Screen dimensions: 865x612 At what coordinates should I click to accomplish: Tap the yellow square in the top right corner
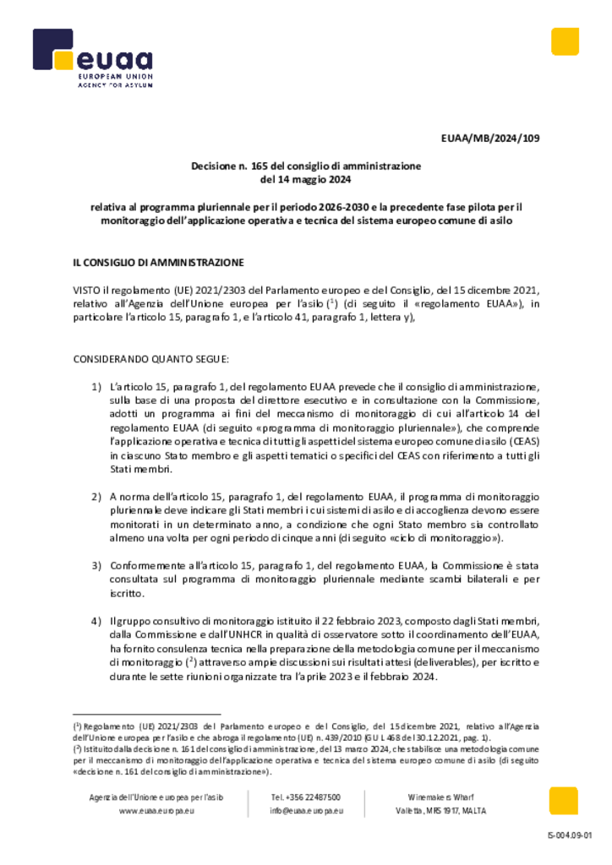click(565, 41)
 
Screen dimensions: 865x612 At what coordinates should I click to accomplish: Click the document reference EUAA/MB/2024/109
click(489, 138)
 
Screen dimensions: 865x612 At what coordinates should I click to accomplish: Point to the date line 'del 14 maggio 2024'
click(305, 179)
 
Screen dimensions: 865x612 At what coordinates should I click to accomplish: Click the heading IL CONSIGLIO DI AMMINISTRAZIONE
click(158, 262)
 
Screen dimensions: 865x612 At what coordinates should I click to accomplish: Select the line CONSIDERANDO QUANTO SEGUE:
click(145, 359)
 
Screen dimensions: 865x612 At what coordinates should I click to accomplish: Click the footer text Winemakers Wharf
click(440, 797)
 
